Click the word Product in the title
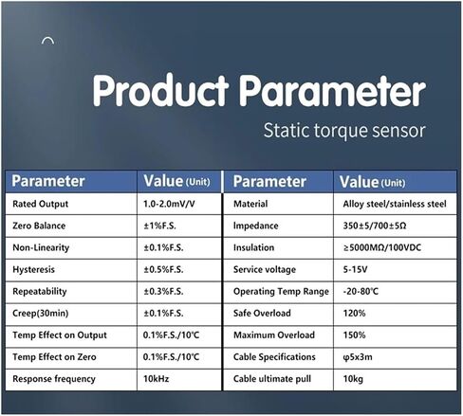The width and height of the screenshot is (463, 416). [160, 90]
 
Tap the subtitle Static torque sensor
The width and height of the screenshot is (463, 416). [344, 131]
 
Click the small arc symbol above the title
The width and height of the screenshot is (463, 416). [47, 41]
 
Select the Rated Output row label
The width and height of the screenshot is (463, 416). [40, 204]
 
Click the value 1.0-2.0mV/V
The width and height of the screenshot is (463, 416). [169, 204]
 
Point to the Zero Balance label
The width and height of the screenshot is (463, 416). [39, 226]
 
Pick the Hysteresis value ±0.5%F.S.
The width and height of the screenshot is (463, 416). [163, 270]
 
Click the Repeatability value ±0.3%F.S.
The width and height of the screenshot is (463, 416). [163, 292]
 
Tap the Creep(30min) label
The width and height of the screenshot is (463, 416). [41, 314]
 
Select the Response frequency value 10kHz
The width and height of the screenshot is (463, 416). [156, 379]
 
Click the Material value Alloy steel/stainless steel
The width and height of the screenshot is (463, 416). [395, 204]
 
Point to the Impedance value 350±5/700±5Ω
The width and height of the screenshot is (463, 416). [375, 226]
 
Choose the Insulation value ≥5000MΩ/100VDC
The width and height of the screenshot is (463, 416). [382, 247]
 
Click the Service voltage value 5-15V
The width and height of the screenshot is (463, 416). [355, 270]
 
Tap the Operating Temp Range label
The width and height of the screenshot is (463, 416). [281, 292]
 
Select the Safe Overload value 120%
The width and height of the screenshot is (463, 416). [354, 314]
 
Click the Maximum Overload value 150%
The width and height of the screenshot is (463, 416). [354, 335]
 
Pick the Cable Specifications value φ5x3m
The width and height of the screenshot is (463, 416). [358, 357]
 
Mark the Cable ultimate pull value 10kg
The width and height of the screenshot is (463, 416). [353, 379]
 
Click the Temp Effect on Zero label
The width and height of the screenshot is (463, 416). [54, 357]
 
